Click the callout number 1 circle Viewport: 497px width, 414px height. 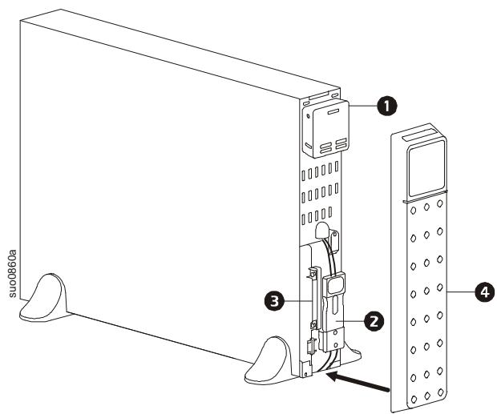pyautogui.click(x=388, y=103)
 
